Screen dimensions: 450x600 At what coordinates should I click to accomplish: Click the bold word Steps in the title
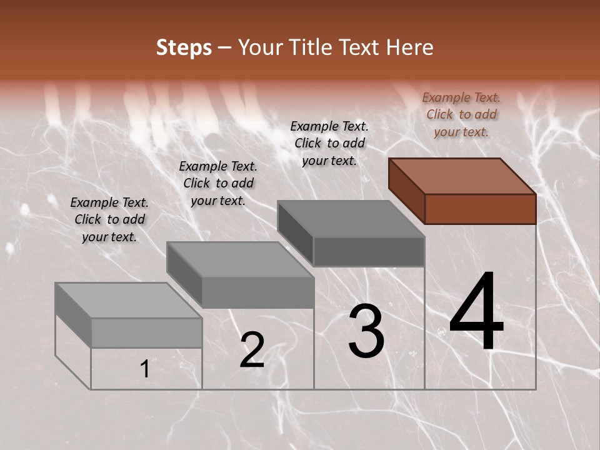184,47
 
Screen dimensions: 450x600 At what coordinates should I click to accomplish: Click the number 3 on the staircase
366,331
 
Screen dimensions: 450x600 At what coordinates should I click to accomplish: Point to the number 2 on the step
252,350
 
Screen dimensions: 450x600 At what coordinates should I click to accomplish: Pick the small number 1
145,369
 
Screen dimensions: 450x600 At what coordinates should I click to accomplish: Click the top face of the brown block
462,176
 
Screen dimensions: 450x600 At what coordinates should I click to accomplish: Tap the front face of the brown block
480,209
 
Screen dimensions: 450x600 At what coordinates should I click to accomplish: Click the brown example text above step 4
461,114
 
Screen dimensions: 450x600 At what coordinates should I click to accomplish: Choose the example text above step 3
329,143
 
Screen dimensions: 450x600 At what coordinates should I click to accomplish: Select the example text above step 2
218,183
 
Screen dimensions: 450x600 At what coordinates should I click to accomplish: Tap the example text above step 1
109,219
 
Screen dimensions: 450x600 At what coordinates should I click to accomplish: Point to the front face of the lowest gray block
146,332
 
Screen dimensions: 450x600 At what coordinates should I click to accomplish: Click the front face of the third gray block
369,251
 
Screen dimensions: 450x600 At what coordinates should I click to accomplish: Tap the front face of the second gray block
257,292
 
